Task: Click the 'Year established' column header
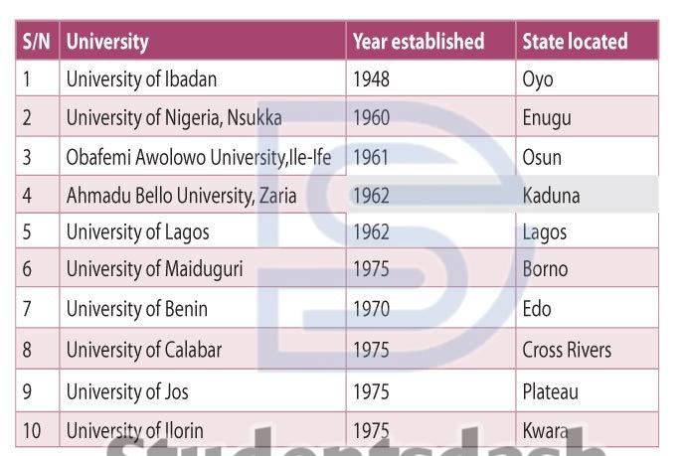[418, 42]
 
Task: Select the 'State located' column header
[575, 42]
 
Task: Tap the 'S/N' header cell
[36, 42]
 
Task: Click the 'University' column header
[107, 42]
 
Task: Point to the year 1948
[371, 79]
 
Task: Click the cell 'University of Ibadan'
[141, 79]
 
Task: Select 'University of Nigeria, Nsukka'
[174, 118]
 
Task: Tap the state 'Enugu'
[547, 118]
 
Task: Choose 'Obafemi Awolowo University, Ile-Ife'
[199, 157]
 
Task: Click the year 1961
[371, 157]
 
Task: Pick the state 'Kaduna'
[551, 196]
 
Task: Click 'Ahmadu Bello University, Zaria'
[181, 196]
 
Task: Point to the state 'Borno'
[545, 269]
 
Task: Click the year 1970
[372, 309]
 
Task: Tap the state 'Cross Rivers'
[567, 350]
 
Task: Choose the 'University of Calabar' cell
[144, 350]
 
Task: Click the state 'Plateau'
[550, 391]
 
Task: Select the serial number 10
[30, 431]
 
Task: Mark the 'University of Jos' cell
[127, 391]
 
